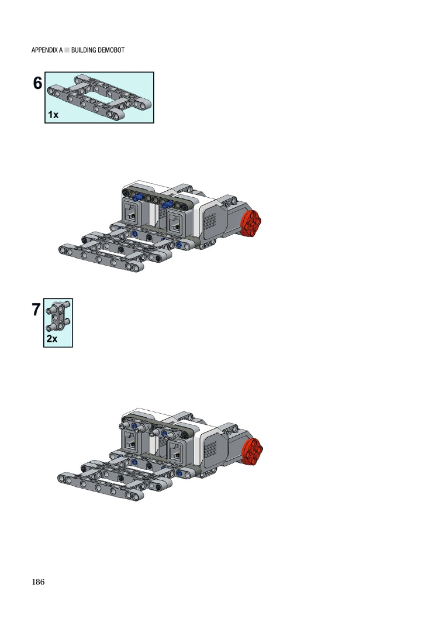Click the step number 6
coord(37,83)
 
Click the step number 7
coord(36,310)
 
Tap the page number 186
coord(38,582)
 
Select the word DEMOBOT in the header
coord(110,50)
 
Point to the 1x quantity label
coord(53,115)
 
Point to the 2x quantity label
coord(52,339)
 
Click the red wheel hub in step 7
coord(253,451)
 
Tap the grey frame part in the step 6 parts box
coord(99,97)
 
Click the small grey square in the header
coord(67,50)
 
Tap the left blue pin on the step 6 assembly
coord(138,197)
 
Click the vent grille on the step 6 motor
coord(210,221)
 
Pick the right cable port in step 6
coord(175,221)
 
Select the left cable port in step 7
coord(130,442)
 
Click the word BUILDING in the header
coord(84,50)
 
